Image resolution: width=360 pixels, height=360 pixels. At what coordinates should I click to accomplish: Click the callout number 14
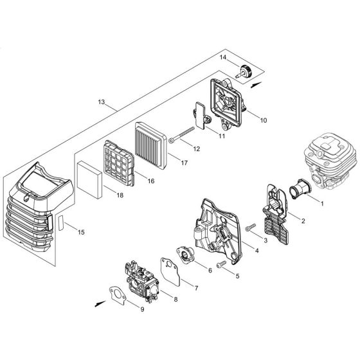point(224,58)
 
